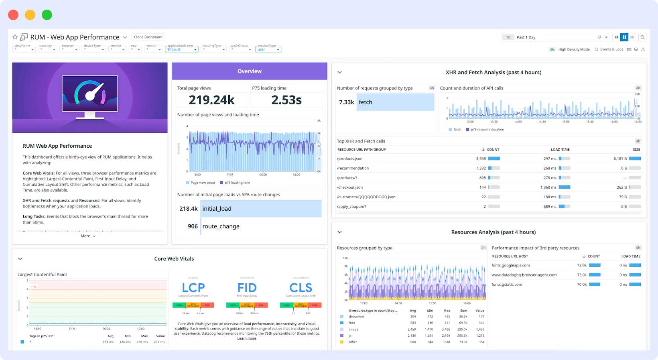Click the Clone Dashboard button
[x=148, y=37]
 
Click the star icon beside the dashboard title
[x=15, y=37]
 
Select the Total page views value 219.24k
[x=211, y=100]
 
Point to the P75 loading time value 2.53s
[x=286, y=100]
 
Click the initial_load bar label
[x=217, y=209]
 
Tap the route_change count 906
[x=193, y=226]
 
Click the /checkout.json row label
[x=350, y=187]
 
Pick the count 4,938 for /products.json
[x=481, y=159]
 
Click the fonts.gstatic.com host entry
[x=507, y=285]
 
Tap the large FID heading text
[x=247, y=288]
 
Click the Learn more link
[x=247, y=338]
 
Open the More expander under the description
[x=88, y=236]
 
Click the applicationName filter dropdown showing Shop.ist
[x=182, y=49]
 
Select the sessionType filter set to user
[x=268, y=49]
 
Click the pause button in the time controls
[x=624, y=37]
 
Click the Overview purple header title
[x=249, y=71]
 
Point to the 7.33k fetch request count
[x=346, y=102]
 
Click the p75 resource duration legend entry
[x=487, y=130]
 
